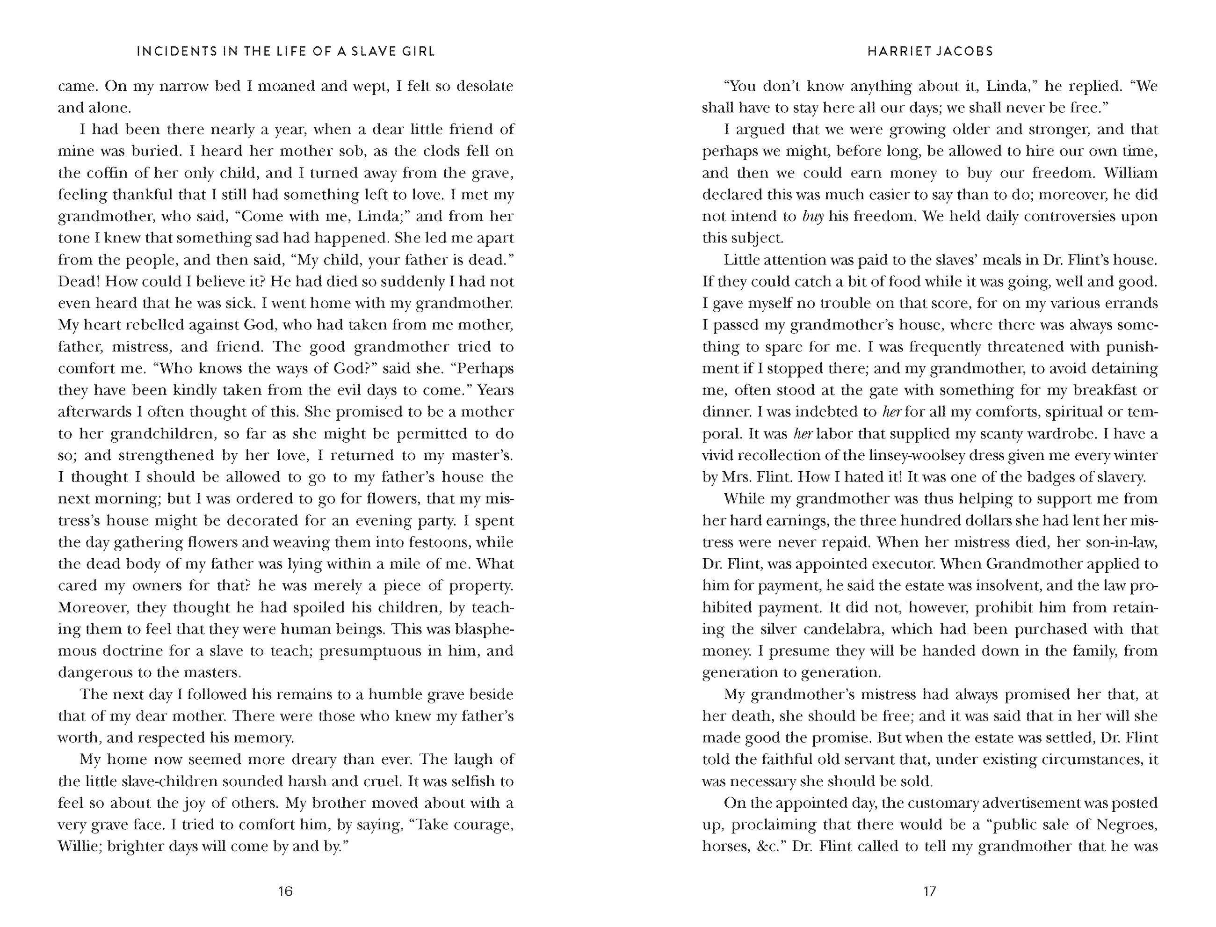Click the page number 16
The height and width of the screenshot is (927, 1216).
pyautogui.click(x=285, y=891)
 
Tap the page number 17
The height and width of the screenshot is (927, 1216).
pyautogui.click(x=930, y=891)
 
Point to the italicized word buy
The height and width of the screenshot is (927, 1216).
pyautogui.click(x=813, y=216)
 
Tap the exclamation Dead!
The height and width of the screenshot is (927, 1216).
pyautogui.click(x=78, y=281)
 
